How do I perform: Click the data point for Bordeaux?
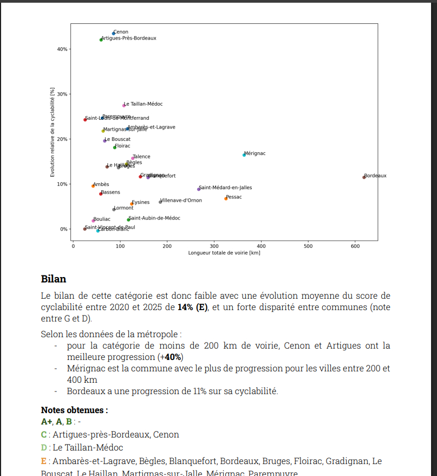click(x=364, y=177)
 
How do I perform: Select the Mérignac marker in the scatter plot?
click(x=244, y=155)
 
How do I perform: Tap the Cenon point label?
click(x=121, y=32)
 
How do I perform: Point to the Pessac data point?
click(x=226, y=198)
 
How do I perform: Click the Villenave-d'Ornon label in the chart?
click(x=181, y=201)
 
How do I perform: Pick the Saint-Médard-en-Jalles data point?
click(x=199, y=189)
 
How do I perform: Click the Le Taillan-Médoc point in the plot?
click(x=124, y=105)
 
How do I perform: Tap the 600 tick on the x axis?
click(x=355, y=246)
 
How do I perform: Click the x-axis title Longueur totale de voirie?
click(x=224, y=253)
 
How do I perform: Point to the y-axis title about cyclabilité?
click(x=53, y=132)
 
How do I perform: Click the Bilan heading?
click(x=54, y=279)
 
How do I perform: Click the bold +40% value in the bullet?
click(x=173, y=357)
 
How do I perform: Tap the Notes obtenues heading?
click(x=74, y=410)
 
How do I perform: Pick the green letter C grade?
click(x=44, y=434)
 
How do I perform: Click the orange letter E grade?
click(x=44, y=461)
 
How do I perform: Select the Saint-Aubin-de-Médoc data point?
click(x=128, y=220)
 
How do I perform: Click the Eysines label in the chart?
click(x=141, y=202)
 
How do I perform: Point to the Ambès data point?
click(x=93, y=186)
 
